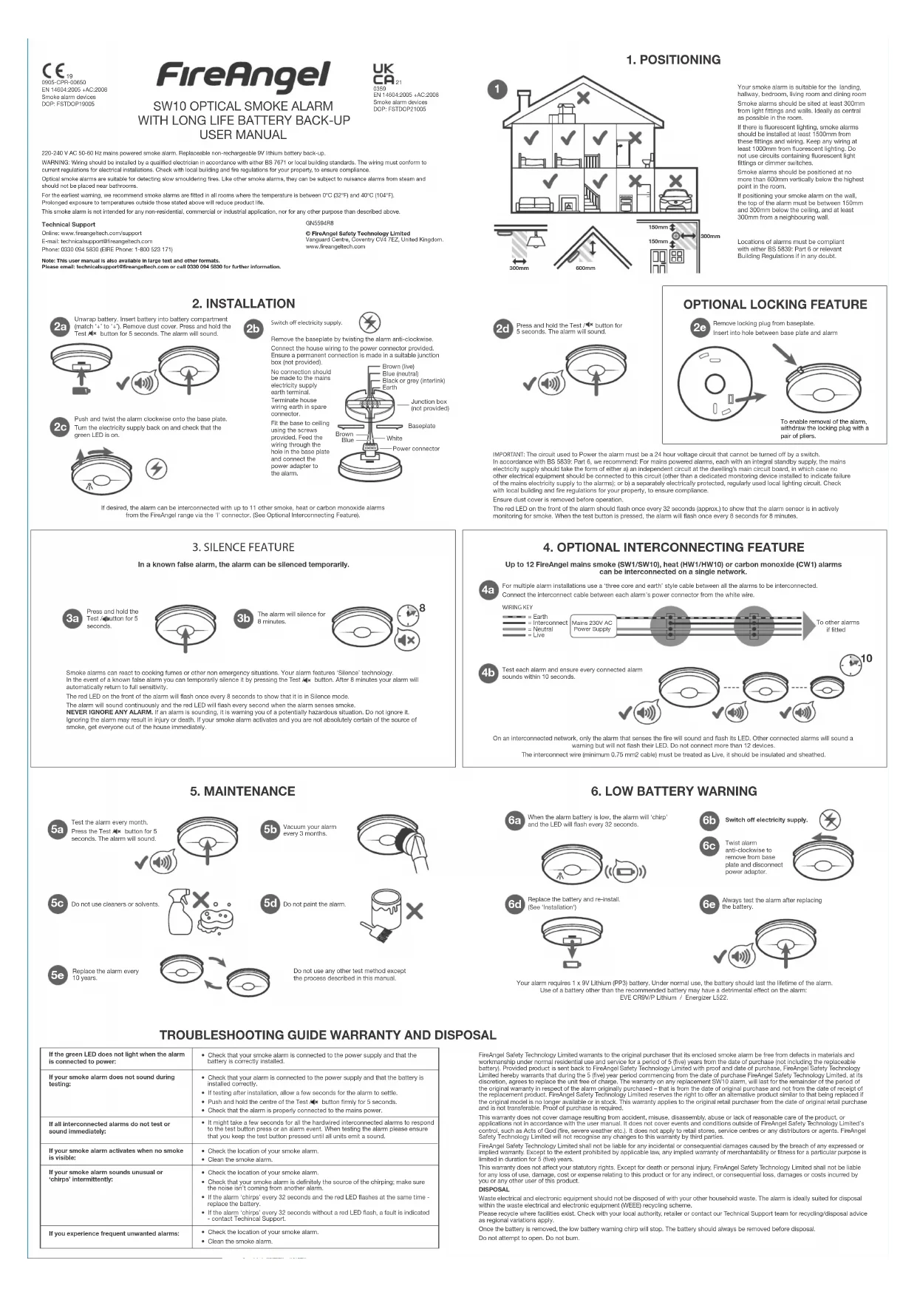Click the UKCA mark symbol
click(383, 75)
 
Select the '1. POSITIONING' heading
click(672, 60)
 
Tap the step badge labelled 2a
click(60, 327)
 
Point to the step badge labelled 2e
click(699, 327)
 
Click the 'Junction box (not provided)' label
click(429, 404)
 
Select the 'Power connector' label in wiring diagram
click(415, 449)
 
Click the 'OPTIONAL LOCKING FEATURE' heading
click(774, 305)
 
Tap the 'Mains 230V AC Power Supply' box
click(593, 626)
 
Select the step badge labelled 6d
click(514, 904)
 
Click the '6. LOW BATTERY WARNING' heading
click(673, 791)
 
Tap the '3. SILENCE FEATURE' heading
click(242, 547)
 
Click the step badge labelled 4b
click(488, 673)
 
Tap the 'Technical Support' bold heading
click(68, 224)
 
